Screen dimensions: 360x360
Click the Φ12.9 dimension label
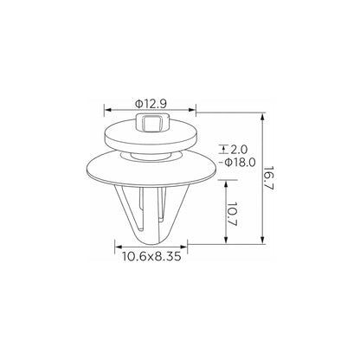point(151,104)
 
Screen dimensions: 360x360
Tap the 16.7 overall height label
point(268,178)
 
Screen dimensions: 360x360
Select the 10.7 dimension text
point(232,214)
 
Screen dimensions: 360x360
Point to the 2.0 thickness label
point(239,150)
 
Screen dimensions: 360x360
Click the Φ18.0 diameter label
point(240,163)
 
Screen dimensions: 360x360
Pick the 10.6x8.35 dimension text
point(151,256)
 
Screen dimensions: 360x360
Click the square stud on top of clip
point(151,122)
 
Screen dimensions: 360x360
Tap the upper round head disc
point(151,136)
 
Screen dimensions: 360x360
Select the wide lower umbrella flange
point(151,169)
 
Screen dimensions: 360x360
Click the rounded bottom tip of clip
point(151,238)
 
